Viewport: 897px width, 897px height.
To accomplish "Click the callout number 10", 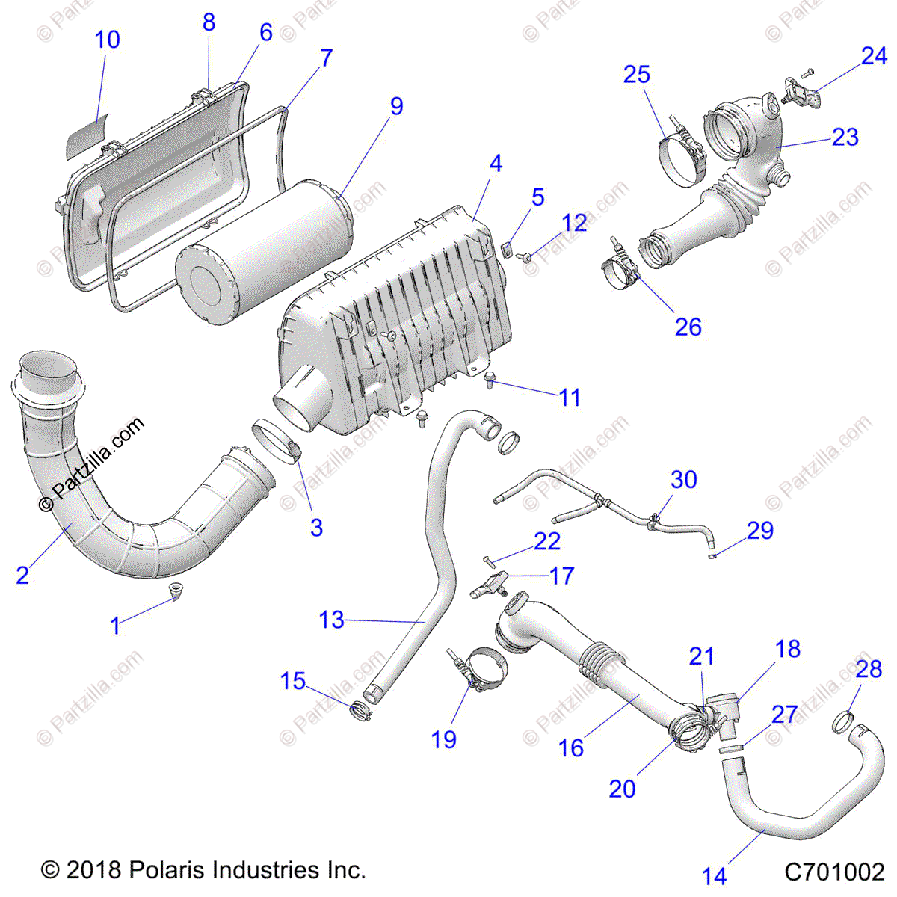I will point(108,40).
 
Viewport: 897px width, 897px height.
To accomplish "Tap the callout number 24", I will point(873,56).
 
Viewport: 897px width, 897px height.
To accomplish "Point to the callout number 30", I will point(683,480).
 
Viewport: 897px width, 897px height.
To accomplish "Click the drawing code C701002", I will point(834,872).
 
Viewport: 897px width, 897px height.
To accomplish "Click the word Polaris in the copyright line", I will point(167,870).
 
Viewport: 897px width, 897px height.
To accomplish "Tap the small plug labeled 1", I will point(176,593).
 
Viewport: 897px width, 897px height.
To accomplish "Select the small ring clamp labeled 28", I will point(844,722).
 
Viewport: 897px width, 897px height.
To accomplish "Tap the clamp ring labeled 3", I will point(275,441).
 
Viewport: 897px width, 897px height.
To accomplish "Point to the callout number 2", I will point(22,575).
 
